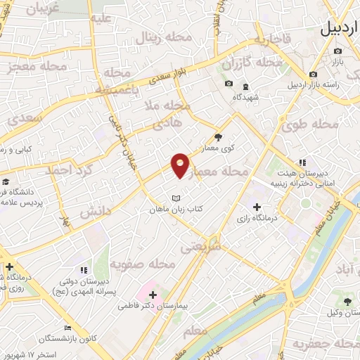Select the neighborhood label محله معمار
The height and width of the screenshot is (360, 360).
coord(226,171)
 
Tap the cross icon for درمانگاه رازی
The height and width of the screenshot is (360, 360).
coord(257,207)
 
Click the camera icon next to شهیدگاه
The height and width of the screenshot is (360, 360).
coord(228,84)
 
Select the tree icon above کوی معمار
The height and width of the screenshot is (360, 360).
coord(218,137)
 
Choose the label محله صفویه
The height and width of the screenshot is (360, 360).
coord(143,264)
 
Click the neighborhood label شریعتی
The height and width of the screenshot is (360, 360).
coord(200,247)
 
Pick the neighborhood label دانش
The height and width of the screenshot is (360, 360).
coord(95,210)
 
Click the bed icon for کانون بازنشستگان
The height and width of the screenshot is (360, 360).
coord(68,328)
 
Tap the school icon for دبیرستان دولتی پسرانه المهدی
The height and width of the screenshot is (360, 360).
coord(84,269)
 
